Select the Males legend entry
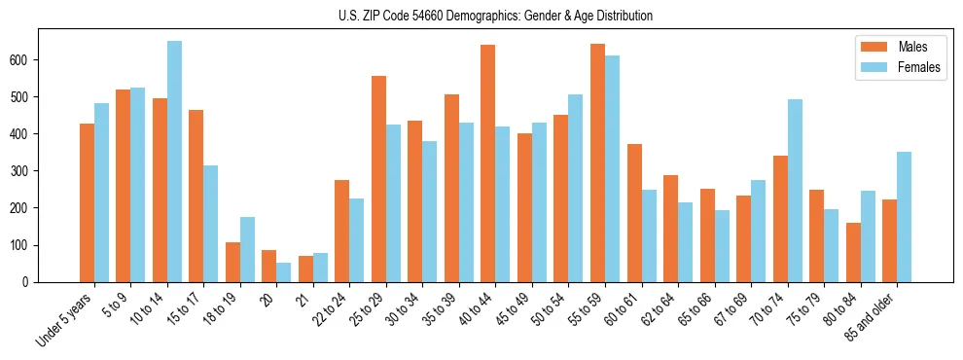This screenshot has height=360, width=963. coord(911,47)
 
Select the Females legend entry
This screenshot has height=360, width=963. coord(919,69)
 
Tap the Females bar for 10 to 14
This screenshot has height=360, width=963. coord(174,162)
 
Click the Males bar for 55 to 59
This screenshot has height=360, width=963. coord(597,162)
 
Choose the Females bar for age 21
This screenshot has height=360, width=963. coord(320,268)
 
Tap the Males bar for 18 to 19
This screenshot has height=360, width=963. coord(232,262)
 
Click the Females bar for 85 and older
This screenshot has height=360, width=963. coord(904,217)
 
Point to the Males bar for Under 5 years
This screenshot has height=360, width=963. coord(87,202)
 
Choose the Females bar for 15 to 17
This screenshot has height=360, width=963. coord(210,224)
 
